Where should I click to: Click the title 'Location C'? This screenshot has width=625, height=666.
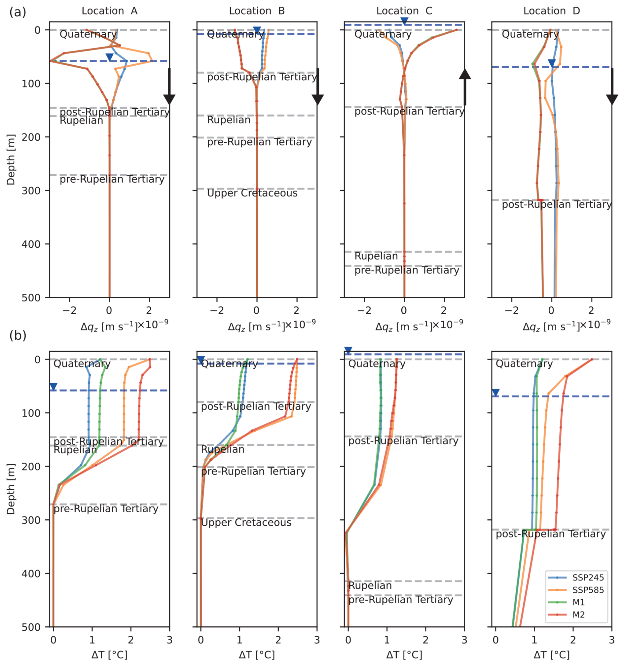pyautogui.click(x=404, y=11)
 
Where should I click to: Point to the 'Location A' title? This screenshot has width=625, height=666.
pyautogui.click(x=110, y=11)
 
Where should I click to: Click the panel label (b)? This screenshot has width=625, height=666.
pyautogui.click(x=18, y=335)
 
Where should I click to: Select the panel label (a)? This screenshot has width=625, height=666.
pyautogui.click(x=18, y=13)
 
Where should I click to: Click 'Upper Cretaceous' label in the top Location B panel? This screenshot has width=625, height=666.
pyautogui.click(x=252, y=193)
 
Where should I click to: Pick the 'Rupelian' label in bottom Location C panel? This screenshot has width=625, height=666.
pyautogui.click(x=370, y=585)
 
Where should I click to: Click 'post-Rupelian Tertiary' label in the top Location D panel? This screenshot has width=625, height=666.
pyautogui.click(x=557, y=205)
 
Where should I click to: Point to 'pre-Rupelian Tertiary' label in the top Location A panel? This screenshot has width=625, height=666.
pyautogui.click(x=112, y=180)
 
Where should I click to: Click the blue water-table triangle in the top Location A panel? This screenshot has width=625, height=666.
pyautogui.click(x=110, y=57)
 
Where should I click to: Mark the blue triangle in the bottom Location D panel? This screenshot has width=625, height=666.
pyautogui.click(x=496, y=392)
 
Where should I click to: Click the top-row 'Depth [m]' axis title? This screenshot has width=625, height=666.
pyautogui.click(x=11, y=159)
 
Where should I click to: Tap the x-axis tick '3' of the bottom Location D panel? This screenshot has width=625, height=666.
pyautogui.click(x=611, y=640)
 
